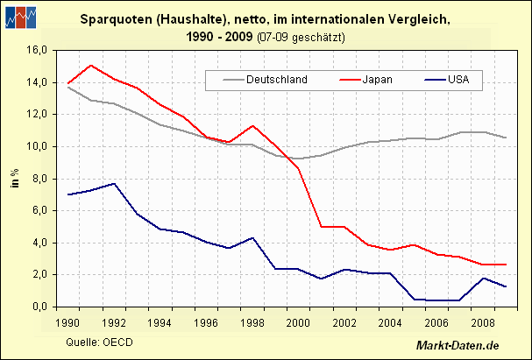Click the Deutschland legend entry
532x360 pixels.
[x=276, y=80]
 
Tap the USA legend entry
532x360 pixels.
[x=458, y=80]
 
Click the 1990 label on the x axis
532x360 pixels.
[x=67, y=322]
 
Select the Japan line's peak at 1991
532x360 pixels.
[x=91, y=66]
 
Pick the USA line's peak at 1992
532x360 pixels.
[x=113, y=184]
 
